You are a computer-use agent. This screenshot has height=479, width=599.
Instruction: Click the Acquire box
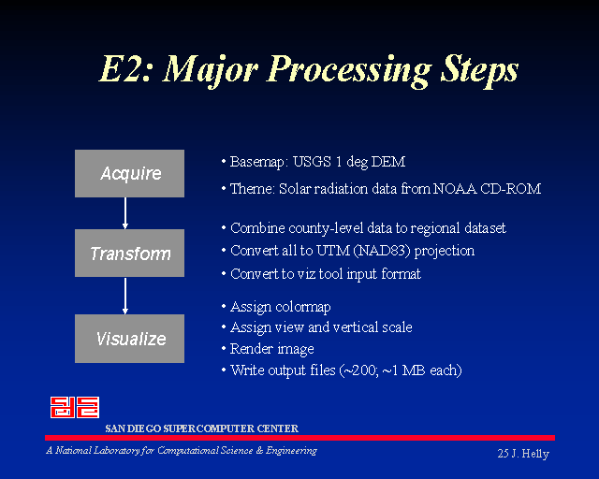pyautogui.click(x=129, y=173)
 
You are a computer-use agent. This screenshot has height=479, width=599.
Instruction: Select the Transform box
pyautogui.click(x=129, y=253)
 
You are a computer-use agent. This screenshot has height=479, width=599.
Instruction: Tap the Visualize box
pyautogui.click(x=129, y=339)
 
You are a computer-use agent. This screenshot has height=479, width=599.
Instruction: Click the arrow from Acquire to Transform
pyautogui.click(x=124, y=213)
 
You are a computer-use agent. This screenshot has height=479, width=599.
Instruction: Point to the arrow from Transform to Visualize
pyautogui.click(x=124, y=296)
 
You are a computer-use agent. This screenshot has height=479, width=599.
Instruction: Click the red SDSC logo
pyautogui.click(x=75, y=407)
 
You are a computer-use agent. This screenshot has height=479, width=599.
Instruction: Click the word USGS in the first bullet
pyautogui.click(x=312, y=162)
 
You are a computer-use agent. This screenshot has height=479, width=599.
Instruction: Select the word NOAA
pyautogui.click(x=455, y=189)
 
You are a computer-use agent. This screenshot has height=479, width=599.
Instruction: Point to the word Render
pyautogui.click(x=252, y=348)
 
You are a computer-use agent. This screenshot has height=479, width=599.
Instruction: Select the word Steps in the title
pyautogui.click(x=480, y=71)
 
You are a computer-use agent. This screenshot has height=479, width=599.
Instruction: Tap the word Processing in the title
pyautogui.click(x=349, y=71)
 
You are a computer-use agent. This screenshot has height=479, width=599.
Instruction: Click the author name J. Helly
pyautogui.click(x=530, y=454)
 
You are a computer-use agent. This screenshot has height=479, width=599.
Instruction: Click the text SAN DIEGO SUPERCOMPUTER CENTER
pyautogui.click(x=202, y=428)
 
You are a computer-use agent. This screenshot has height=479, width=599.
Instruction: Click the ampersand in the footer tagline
pyautogui.click(x=259, y=451)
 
